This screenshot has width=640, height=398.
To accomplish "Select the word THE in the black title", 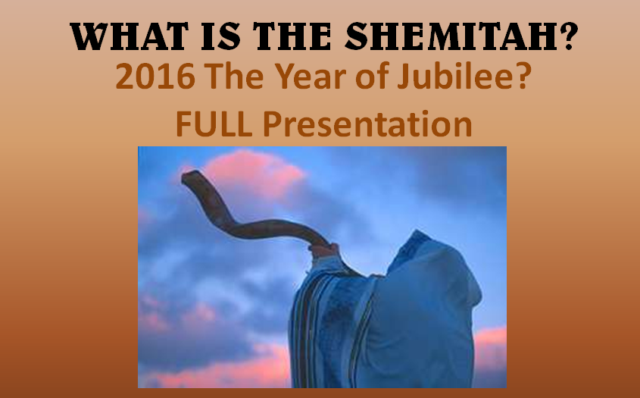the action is tap(292, 36).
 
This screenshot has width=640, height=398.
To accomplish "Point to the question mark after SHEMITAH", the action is tap(568, 36).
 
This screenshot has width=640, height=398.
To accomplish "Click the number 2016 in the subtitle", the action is tap(155, 77).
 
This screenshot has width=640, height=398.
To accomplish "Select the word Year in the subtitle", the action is tap(311, 77).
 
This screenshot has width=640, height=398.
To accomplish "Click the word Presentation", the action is tap(368, 124).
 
